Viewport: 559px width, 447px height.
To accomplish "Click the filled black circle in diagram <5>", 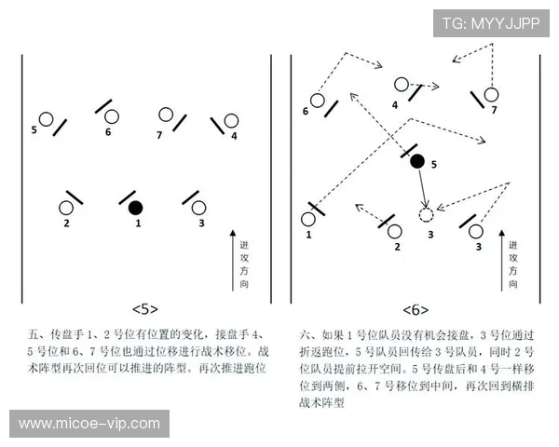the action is (x=135, y=208).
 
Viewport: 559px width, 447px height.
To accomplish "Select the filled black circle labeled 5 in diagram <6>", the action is (x=417, y=161).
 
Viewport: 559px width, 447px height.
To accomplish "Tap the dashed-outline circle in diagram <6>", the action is (x=426, y=215).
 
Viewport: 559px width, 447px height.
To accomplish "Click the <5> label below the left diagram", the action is (x=145, y=309).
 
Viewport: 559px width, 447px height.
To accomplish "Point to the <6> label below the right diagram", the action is (x=416, y=310).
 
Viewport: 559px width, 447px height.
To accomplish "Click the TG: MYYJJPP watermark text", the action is (x=491, y=23).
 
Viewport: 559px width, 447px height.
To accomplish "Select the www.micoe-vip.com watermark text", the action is (x=89, y=424).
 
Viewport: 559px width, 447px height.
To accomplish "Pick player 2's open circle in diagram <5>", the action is (x=66, y=208).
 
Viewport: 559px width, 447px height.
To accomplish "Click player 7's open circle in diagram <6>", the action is (x=491, y=94).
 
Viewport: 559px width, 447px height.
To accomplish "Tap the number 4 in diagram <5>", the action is (x=234, y=136).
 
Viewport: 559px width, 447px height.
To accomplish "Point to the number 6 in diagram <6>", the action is (x=306, y=111).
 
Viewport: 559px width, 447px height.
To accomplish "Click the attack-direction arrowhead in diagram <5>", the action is (x=233, y=233).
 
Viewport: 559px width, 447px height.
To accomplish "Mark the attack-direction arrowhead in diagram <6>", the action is (x=501, y=233).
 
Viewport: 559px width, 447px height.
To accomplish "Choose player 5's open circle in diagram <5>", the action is (x=46, y=119).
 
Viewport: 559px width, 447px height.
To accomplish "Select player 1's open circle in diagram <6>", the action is (x=308, y=219).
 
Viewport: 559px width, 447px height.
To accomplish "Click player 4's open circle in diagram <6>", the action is (x=401, y=85).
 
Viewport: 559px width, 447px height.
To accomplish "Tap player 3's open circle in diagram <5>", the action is (x=198, y=208).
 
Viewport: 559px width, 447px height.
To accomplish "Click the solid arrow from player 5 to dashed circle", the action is (x=422, y=188).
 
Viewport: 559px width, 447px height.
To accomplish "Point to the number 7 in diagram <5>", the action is (x=159, y=135).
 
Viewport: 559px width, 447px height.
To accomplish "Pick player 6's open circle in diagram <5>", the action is (x=112, y=116).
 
